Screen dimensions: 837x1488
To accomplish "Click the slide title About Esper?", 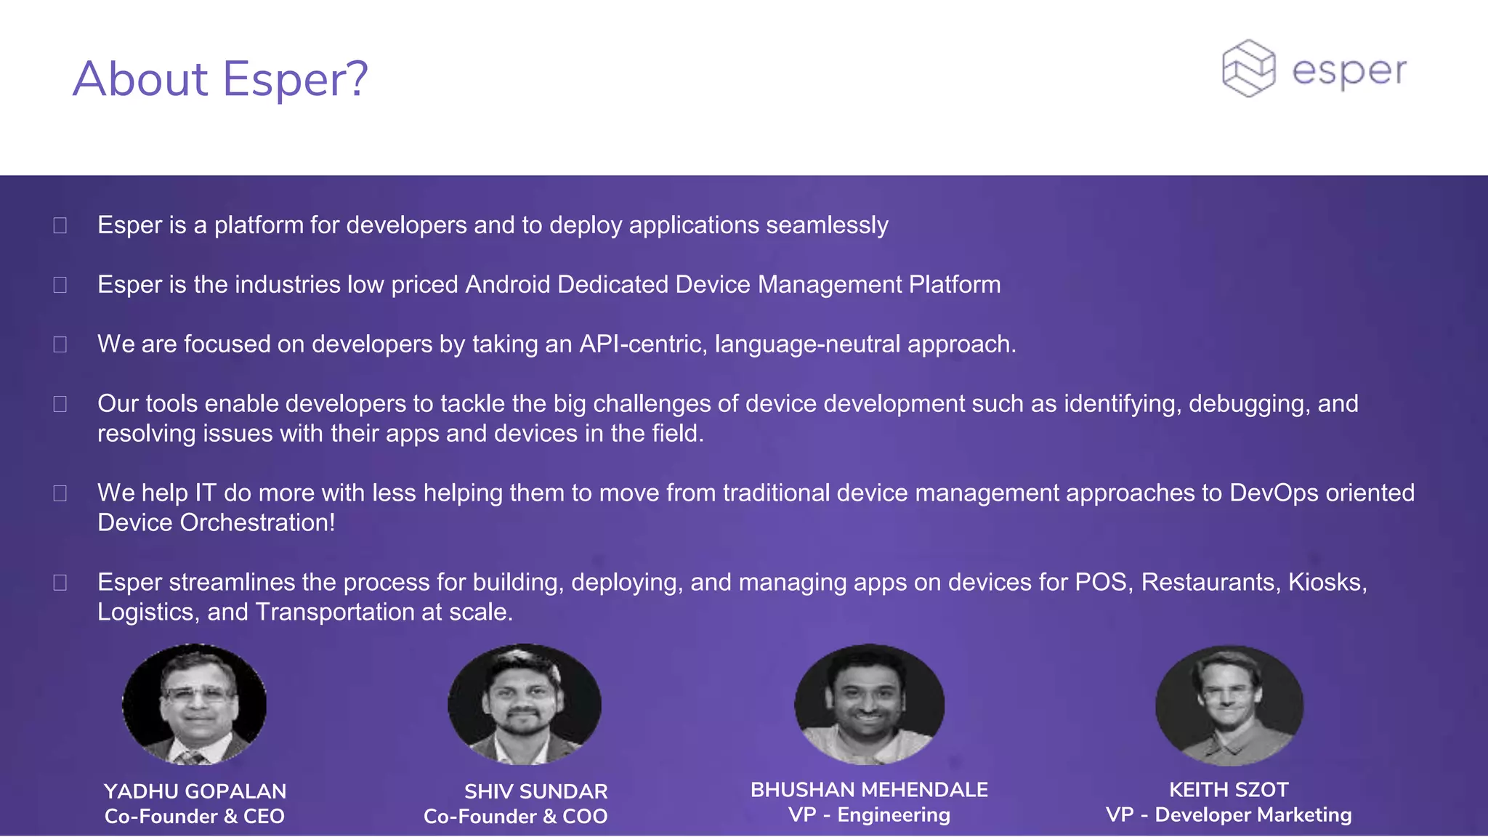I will tap(220, 79).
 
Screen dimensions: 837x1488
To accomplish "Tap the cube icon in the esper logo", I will tap(1248, 69).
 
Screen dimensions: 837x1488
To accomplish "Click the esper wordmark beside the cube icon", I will tap(1349, 72).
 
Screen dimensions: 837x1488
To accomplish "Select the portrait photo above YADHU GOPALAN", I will tap(194, 704).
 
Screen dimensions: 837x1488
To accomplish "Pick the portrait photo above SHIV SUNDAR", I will tap(524, 704).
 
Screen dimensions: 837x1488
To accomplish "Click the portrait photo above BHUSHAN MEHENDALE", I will tap(869, 704).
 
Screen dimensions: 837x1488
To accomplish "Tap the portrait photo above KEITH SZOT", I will tap(1229, 705).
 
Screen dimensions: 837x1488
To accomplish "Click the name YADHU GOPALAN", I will tap(195, 791).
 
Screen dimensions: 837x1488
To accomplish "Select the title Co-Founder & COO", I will tap(515, 817).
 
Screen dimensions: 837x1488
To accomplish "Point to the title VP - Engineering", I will tap(869, 815).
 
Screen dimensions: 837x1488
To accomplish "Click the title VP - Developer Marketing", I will tap(1229, 815).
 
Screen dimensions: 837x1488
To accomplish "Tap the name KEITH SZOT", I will tap(1229, 790).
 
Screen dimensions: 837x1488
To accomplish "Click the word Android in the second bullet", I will tap(508, 285).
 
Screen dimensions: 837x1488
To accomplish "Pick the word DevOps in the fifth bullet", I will tap(1274, 493).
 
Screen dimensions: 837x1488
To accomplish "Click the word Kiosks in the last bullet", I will tap(1327, 583).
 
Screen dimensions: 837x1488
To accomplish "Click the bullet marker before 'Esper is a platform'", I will tap(60, 226).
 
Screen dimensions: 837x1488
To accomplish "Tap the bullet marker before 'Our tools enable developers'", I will tap(60, 404).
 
